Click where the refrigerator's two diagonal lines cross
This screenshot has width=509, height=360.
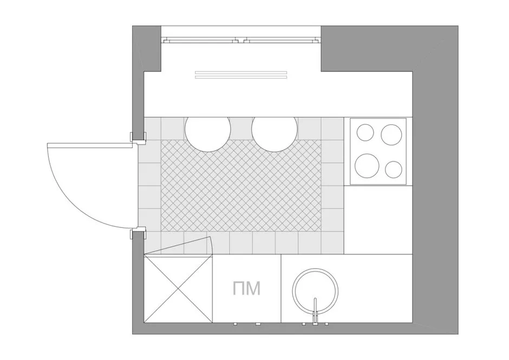tap(178, 289)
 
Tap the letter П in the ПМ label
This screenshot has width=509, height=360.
tap(238, 289)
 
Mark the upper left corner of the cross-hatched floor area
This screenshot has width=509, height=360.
tap(161, 140)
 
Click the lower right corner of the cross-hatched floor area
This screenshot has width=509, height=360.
tap(321, 232)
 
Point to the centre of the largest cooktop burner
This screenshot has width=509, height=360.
tap(367, 165)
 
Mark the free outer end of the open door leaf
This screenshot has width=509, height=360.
tap(48, 144)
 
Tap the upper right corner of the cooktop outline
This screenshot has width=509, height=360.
tap(406, 119)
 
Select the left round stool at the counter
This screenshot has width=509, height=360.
tap(208, 129)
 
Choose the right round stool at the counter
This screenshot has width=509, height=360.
tap(275, 129)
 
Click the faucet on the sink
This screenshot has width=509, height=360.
tap(315, 311)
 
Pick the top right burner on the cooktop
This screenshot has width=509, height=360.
tap(391, 134)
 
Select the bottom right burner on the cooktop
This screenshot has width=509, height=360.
tap(394, 169)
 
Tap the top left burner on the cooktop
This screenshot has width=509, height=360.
tap(365, 133)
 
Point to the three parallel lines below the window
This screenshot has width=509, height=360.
tap(241, 74)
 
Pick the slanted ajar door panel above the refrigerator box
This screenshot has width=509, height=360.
tap(178, 246)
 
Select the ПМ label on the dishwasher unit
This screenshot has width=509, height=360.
tap(247, 289)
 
